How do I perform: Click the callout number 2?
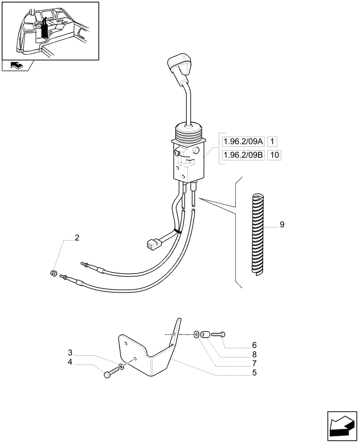click(x=77, y=238)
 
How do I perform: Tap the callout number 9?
click(x=282, y=225)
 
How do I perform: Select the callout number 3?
click(x=70, y=353)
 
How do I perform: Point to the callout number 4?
click(x=70, y=362)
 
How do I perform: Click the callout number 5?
click(x=254, y=373)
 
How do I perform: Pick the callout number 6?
click(x=254, y=345)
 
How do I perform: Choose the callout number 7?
click(x=254, y=363)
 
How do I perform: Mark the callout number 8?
click(x=254, y=354)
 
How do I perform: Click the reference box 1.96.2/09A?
click(x=243, y=142)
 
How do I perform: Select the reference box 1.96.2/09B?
click(x=243, y=155)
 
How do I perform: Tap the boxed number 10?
click(x=275, y=155)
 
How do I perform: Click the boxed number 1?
click(x=273, y=142)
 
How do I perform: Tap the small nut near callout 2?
click(x=54, y=273)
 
